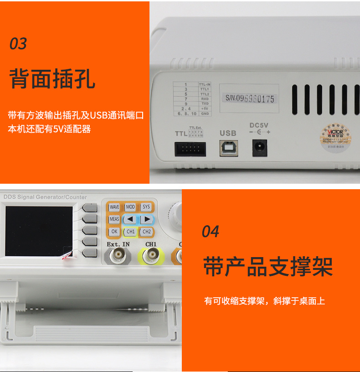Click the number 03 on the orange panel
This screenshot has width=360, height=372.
pyautogui.click(x=18, y=44)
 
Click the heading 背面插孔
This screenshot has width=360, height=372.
pyautogui.click(x=52, y=78)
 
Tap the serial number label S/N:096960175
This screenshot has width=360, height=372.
pyautogui.click(x=250, y=98)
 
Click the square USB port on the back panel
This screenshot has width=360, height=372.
pyautogui.click(x=228, y=148)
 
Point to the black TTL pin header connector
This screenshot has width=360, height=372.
pyautogui.click(x=190, y=149)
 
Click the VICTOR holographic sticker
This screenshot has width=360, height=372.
pyautogui.click(x=335, y=134)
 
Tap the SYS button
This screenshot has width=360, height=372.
pyautogui.click(x=146, y=207)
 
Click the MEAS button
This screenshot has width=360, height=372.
pyautogui.click(x=114, y=219)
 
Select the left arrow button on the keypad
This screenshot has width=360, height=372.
pyautogui.click(x=130, y=219)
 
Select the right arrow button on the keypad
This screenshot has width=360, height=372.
pyautogui.click(x=146, y=219)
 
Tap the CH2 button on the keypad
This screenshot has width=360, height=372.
pyautogui.click(x=146, y=232)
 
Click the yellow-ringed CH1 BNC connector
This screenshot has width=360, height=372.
pyautogui.click(x=150, y=258)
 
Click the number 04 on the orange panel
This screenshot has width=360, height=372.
pyautogui.click(x=211, y=232)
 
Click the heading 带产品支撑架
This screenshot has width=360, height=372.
pyautogui.click(x=268, y=267)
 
